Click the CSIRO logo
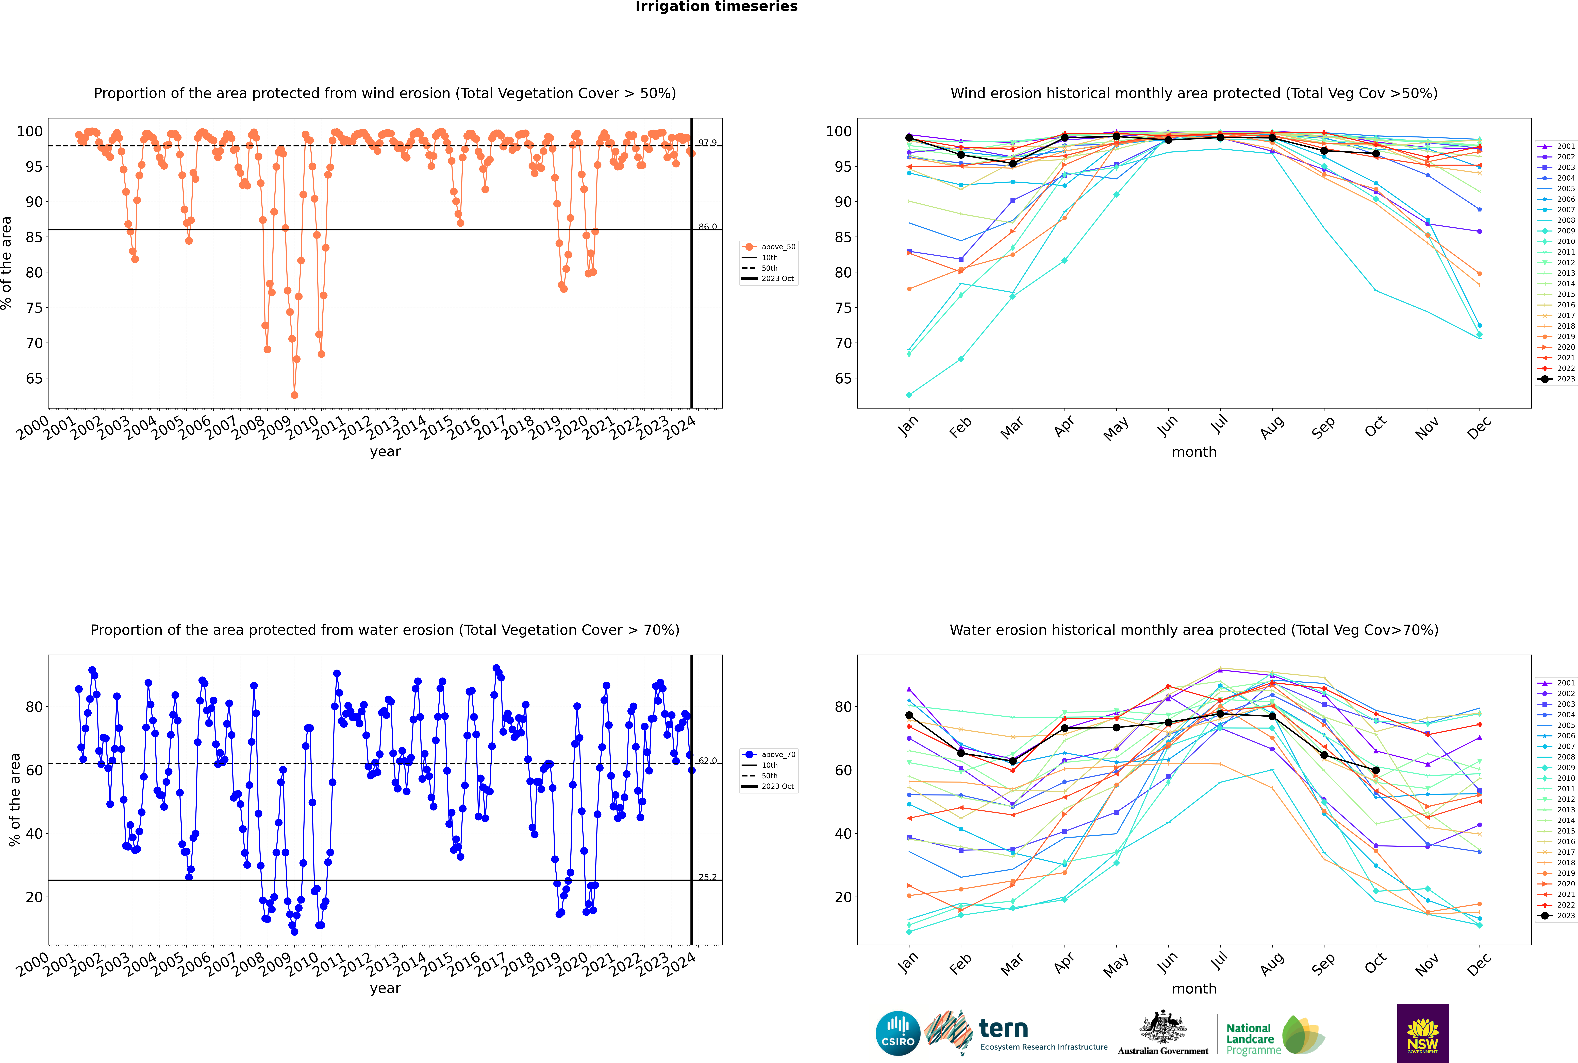pyautogui.click(x=898, y=1033)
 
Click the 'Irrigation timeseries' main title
pyautogui.click(x=716, y=7)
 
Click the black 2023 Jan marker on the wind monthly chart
pyautogui.click(x=909, y=138)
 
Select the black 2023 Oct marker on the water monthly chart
pyautogui.click(x=1376, y=770)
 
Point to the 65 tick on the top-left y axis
pyautogui.click(x=34, y=378)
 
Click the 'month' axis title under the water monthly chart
pyautogui.click(x=1194, y=988)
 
